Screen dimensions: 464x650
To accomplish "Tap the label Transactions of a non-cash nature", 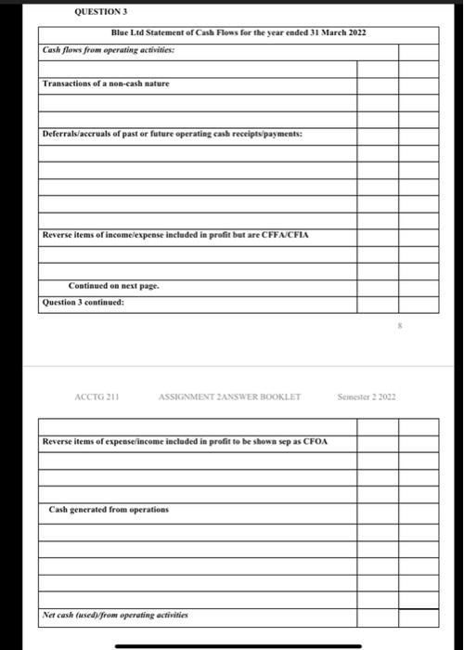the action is tap(107, 84).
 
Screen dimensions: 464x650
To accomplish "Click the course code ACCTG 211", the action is tap(95, 397).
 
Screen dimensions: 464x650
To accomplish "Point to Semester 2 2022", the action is tap(367, 397).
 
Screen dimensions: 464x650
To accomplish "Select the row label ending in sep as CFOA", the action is tap(185, 441).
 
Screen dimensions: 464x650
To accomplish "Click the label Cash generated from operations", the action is tap(110, 510).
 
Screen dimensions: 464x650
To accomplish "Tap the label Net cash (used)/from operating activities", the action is tap(116, 615).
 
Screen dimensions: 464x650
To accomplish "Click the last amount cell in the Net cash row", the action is tap(419, 616).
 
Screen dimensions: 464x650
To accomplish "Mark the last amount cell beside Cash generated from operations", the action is tap(419, 511).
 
